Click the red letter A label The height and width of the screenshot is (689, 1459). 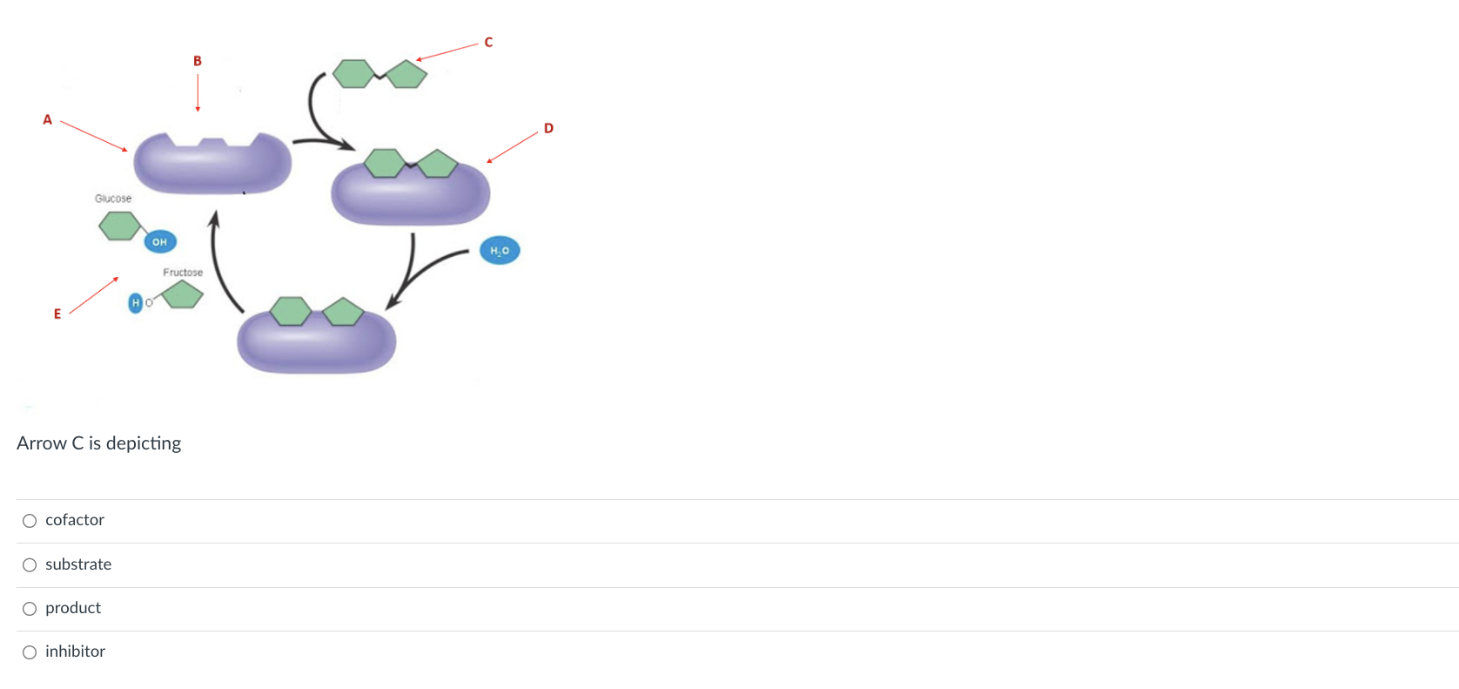(x=48, y=120)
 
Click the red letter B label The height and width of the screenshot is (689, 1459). (x=198, y=61)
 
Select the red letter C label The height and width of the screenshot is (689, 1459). (x=488, y=43)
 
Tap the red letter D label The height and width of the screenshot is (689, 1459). (x=548, y=128)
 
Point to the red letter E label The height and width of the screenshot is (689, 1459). (x=57, y=314)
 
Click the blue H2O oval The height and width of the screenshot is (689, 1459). (x=500, y=251)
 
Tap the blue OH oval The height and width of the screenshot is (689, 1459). (x=159, y=242)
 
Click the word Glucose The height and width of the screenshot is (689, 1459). (x=113, y=199)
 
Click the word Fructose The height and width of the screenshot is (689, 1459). (x=183, y=273)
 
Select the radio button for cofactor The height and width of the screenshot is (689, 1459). (x=30, y=521)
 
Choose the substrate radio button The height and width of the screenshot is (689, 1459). (x=30, y=565)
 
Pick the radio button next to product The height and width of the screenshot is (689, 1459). (x=30, y=609)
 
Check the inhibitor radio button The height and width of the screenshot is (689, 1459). (x=30, y=652)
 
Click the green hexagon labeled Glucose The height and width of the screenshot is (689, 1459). (x=119, y=226)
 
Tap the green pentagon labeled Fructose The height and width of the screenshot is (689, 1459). (x=183, y=294)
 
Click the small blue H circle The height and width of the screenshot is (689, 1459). (x=135, y=302)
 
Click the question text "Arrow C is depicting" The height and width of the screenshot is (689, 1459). (x=99, y=443)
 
